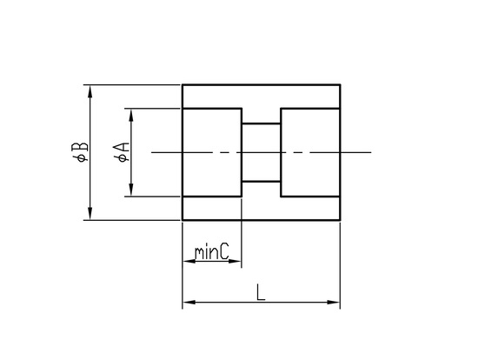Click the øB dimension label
80,151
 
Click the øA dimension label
122,152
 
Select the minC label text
212,252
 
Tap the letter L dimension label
261,292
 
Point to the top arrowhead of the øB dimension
90,91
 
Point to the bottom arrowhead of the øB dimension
90,213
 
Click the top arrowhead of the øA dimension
131,115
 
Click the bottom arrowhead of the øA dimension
131,190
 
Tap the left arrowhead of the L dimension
189,303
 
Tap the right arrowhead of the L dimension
333,303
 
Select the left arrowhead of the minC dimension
189,261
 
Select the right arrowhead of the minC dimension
235,261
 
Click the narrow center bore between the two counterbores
261,152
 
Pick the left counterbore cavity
212,152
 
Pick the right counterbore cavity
310,152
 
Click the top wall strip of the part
261,97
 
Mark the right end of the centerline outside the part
371,152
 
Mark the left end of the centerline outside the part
152,152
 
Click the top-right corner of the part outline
340,85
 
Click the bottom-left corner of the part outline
183,220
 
